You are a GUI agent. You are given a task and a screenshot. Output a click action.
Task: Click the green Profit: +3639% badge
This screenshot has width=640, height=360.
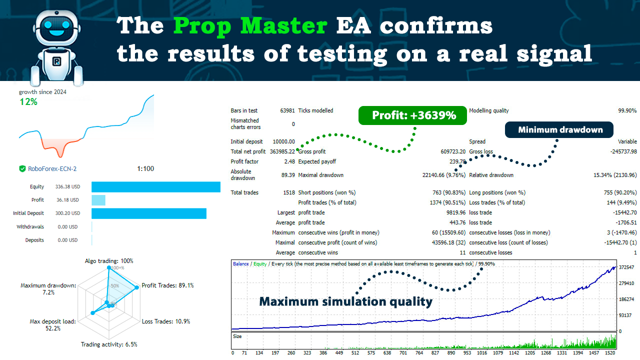[x=412, y=115]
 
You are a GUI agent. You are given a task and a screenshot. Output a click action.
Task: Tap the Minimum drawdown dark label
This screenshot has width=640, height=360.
[x=560, y=130]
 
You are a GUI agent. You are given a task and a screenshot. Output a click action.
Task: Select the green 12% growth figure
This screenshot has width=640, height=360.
[x=28, y=102]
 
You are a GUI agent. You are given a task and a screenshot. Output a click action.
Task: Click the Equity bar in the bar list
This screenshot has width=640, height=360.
[x=155, y=187]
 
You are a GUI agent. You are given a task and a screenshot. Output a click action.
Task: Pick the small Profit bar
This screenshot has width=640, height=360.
[x=98, y=200]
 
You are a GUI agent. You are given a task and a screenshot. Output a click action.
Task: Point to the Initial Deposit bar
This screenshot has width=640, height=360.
[x=148, y=213]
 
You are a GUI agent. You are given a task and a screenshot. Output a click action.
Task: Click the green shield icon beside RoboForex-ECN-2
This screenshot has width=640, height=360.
[x=22, y=169]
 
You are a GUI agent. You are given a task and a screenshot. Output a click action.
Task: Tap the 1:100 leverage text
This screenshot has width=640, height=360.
[x=145, y=169]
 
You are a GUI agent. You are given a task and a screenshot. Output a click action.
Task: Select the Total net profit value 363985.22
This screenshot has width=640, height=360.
[x=282, y=151]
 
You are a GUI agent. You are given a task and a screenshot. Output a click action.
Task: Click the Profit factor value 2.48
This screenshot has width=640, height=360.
[x=288, y=161]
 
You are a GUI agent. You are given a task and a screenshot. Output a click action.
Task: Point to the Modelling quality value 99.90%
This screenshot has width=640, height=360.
[x=627, y=110]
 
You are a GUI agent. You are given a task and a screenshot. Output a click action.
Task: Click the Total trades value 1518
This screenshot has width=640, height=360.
[x=288, y=192]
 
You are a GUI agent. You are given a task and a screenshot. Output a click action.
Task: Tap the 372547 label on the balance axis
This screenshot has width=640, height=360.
[x=627, y=267]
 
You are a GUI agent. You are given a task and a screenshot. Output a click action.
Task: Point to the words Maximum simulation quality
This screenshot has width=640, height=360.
[x=345, y=301]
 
